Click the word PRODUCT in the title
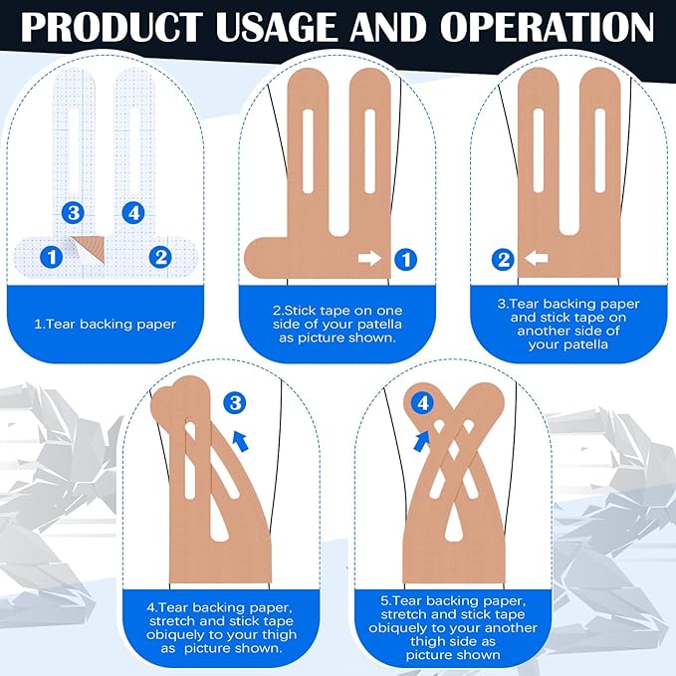point(112,26)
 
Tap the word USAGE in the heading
point(277,26)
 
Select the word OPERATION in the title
point(547,26)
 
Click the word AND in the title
point(388,26)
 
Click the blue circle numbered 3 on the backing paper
point(73,212)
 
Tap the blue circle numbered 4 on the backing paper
point(133,212)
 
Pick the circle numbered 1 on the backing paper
point(52,257)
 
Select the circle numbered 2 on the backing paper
point(160,257)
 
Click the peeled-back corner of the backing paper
point(90,250)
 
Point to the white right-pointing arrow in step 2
point(370,258)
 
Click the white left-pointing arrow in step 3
point(536,259)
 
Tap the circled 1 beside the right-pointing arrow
point(405,259)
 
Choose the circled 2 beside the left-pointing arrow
point(503,259)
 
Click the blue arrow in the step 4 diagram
point(241,441)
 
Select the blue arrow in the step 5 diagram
point(422,441)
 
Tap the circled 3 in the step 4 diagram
point(235,403)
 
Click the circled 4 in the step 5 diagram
point(422,403)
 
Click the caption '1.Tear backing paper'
point(106,325)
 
